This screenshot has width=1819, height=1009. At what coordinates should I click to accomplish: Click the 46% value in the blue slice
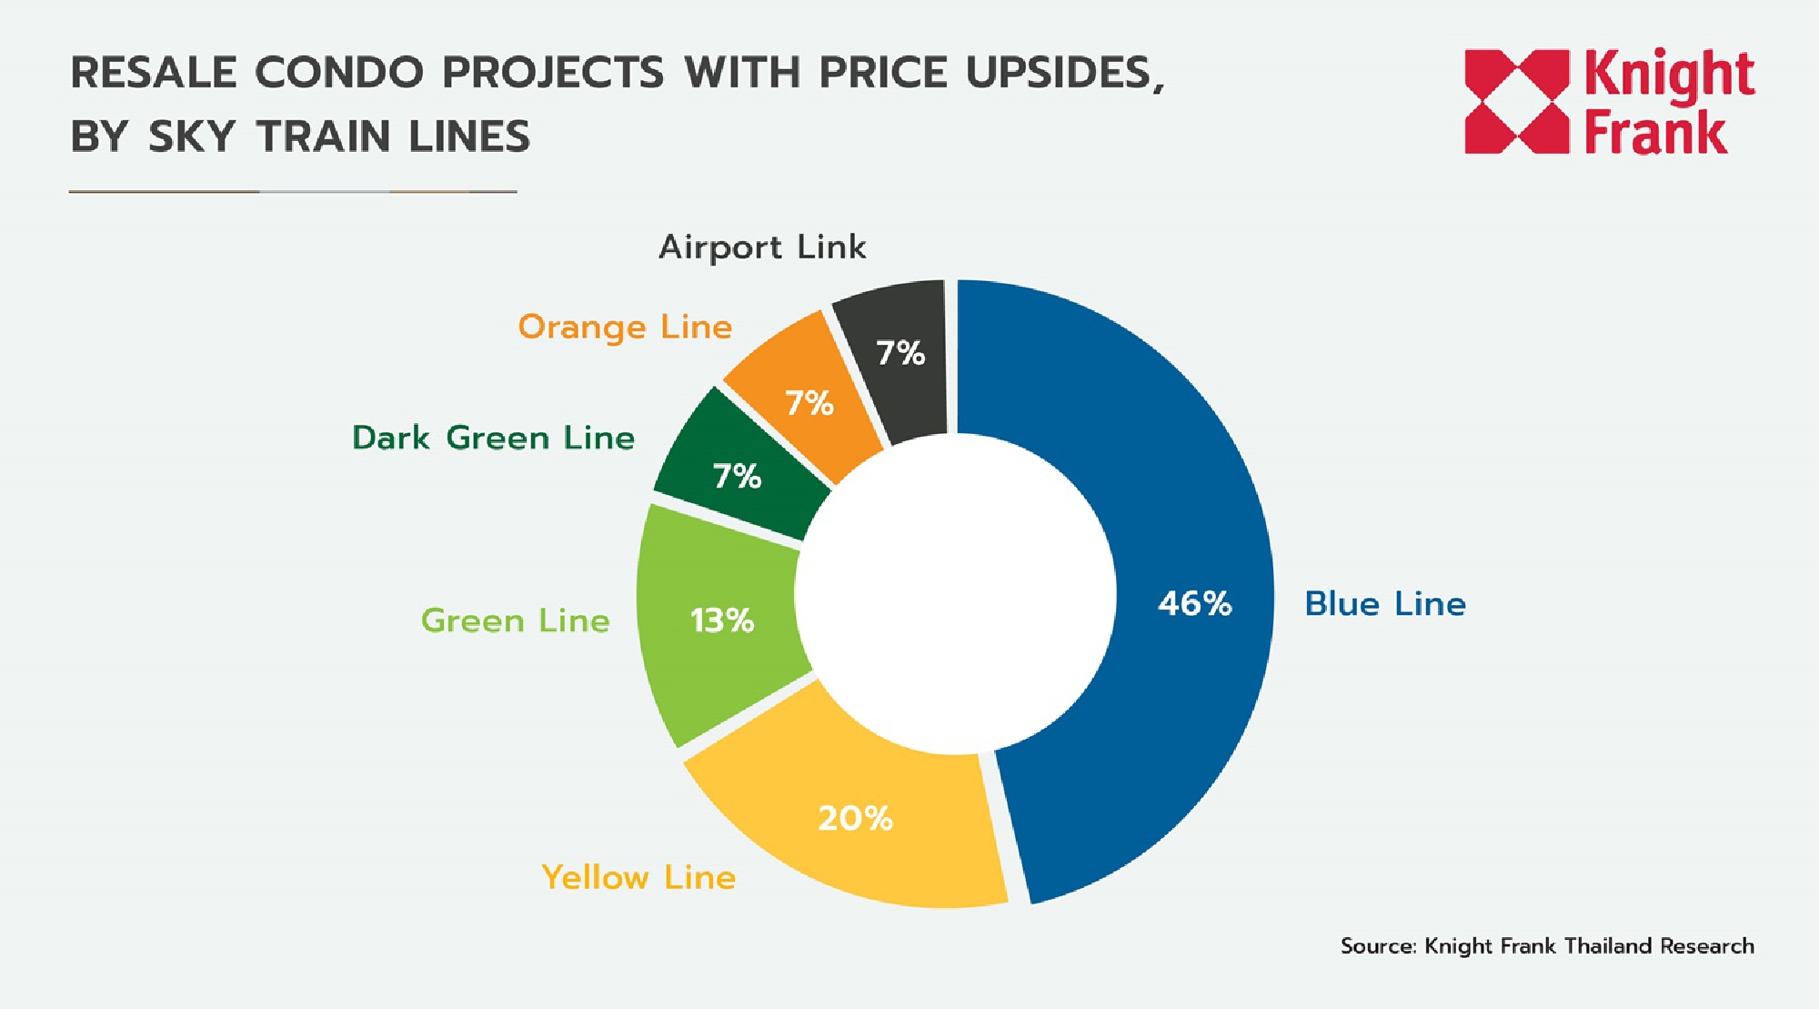pos(1194,603)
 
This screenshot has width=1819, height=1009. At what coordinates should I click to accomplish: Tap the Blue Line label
pos(1384,604)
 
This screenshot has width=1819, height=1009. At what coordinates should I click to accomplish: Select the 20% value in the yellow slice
pos(855,818)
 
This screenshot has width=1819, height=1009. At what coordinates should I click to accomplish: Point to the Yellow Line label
pos(638,877)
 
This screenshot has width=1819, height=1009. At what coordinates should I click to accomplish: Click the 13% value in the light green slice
pos(722,621)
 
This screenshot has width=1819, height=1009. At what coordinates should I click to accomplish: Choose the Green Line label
pos(515,621)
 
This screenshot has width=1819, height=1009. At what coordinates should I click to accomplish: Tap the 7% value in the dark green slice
pos(737,476)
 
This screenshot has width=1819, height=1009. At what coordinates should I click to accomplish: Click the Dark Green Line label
pos(493,438)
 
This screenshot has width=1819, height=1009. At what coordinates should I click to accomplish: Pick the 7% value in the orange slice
pos(809,402)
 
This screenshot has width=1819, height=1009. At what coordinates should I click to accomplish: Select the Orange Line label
pos(625,327)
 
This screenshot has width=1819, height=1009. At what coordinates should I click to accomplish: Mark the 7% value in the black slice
pos(899,353)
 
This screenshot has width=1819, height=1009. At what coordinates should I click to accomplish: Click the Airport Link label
pos(762,247)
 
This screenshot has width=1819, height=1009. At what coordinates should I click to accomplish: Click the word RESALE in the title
pos(154,73)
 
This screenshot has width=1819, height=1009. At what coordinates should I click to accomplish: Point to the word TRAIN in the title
pos(323,136)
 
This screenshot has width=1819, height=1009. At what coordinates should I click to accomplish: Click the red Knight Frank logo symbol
pos(1516,101)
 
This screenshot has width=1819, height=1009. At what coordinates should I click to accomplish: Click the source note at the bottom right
pos(1546,946)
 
